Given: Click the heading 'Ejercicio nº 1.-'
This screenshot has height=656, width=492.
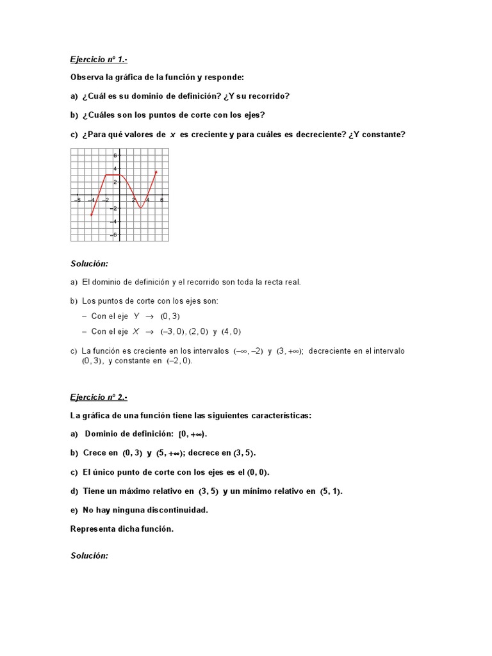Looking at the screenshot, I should pyautogui.click(x=99, y=60).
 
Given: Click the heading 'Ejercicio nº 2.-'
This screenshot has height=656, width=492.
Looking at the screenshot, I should pyautogui.click(x=99, y=397).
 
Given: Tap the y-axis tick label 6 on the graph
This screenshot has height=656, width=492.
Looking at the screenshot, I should pyautogui.click(x=115, y=156).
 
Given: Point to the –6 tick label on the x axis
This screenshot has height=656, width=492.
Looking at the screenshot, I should pyautogui.click(x=77, y=200).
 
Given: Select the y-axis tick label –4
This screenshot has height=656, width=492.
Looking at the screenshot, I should pyautogui.click(x=113, y=222).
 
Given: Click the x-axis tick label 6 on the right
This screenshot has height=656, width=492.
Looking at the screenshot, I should pyautogui.click(x=161, y=200).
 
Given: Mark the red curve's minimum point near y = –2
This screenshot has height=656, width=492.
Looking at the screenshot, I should pyautogui.click(x=141, y=208).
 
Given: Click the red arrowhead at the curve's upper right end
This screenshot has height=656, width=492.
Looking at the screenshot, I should pyautogui.click(x=156, y=172).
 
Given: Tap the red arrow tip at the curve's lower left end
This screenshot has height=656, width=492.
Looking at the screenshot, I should pyautogui.click(x=92, y=215).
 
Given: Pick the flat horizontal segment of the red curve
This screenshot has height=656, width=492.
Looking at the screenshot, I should pyautogui.click(x=113, y=175).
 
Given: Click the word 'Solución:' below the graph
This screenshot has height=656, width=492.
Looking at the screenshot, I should pyautogui.click(x=89, y=263).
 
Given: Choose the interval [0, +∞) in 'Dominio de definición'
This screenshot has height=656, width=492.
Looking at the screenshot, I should pyautogui.click(x=193, y=434).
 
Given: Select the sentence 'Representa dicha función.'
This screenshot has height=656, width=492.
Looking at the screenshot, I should pyautogui.click(x=122, y=529).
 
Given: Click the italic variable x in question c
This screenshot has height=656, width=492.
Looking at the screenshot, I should pyautogui.click(x=172, y=134).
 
